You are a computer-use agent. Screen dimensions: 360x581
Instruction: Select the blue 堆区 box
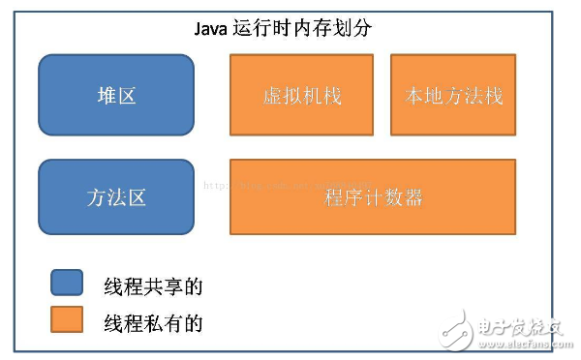tap(116, 95)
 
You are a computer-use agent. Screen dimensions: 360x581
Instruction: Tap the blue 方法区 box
tap(116, 197)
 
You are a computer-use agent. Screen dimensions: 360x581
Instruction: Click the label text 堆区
tap(116, 95)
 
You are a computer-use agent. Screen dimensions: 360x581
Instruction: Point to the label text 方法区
tap(116, 197)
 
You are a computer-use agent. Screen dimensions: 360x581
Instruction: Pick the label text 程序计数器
tap(373, 198)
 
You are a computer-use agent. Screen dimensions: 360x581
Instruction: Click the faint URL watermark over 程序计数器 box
tap(281, 181)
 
